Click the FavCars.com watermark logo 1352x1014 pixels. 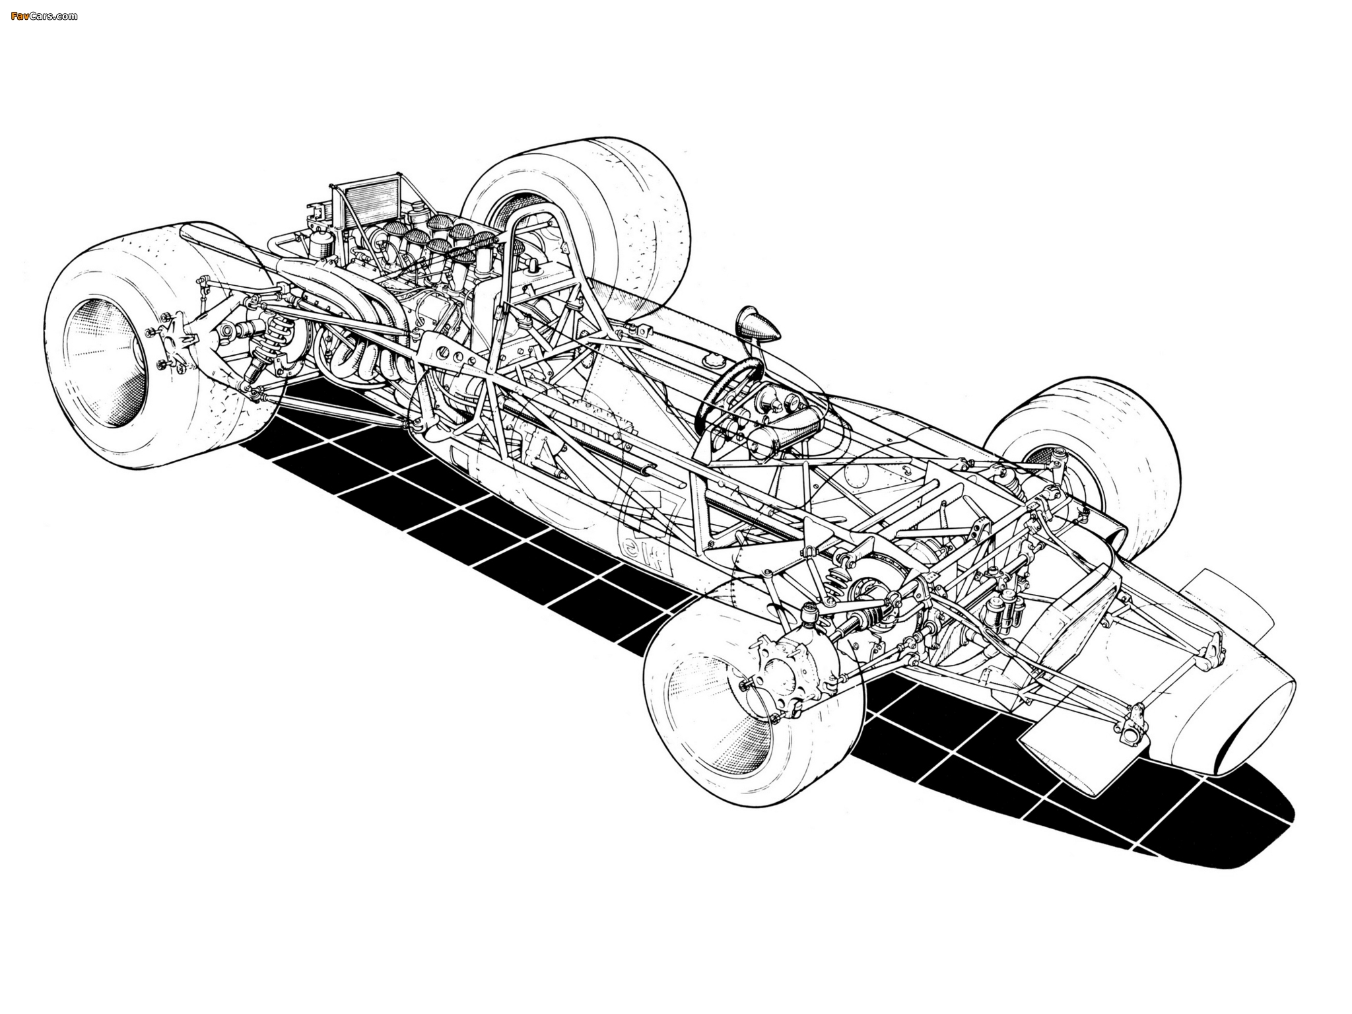44,15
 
